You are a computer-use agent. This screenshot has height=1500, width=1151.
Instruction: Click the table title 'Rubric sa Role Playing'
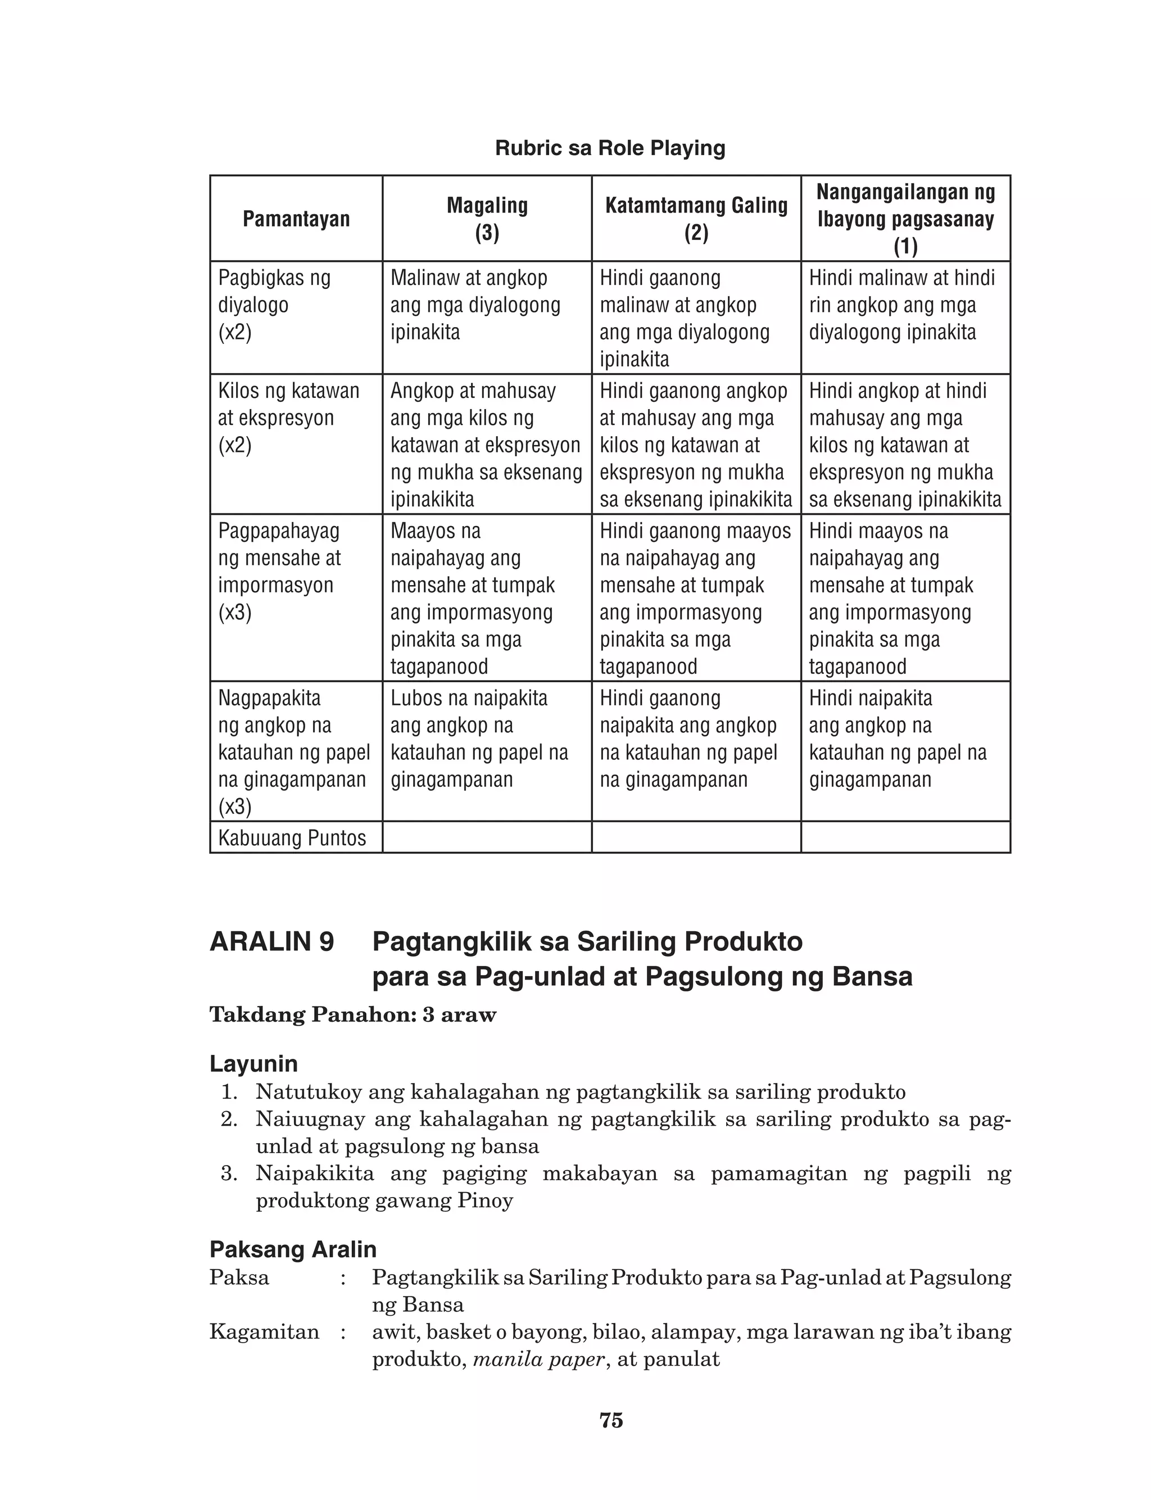[610, 148]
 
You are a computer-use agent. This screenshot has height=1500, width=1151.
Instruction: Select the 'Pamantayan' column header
[296, 219]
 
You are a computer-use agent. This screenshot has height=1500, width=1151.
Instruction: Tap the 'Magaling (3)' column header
[487, 219]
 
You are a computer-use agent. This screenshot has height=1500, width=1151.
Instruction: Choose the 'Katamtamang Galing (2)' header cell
[696, 219]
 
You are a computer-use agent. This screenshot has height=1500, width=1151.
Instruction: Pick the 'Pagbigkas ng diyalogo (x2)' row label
[274, 305]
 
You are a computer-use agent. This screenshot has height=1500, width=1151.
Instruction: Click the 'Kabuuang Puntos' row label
[292, 837]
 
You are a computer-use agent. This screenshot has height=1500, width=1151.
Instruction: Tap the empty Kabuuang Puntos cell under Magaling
[487, 837]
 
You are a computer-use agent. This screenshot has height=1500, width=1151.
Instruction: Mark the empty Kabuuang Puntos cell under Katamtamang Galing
[696, 837]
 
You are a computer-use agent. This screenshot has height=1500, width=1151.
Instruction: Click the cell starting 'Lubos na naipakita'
[479, 739]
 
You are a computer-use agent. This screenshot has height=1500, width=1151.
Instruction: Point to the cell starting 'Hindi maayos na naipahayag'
[891, 598]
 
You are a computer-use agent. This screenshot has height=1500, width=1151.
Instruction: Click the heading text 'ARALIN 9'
[271, 942]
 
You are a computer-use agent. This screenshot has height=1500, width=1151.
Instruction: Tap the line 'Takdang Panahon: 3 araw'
[353, 1014]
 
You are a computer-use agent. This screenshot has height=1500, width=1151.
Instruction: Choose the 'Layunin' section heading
[253, 1064]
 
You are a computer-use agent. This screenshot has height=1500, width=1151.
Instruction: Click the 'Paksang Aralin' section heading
[293, 1249]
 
